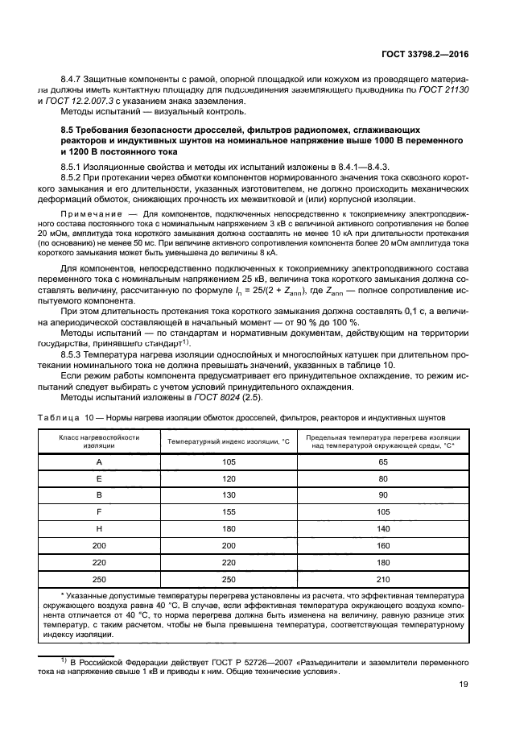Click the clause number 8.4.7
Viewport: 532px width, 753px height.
point(74,80)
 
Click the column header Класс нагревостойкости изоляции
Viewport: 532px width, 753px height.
point(99,442)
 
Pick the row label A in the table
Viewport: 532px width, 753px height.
point(99,462)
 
